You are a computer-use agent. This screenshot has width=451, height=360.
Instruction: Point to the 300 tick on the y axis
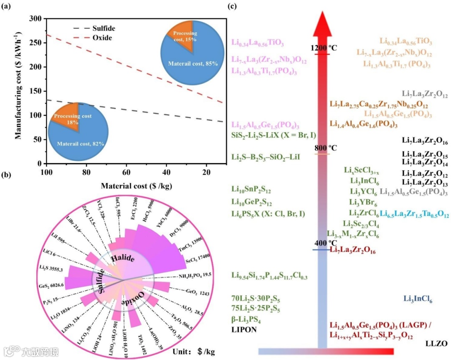click(35, 19)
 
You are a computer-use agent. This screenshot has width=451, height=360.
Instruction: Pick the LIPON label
click(244, 330)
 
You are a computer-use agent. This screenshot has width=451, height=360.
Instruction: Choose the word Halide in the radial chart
click(122, 259)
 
